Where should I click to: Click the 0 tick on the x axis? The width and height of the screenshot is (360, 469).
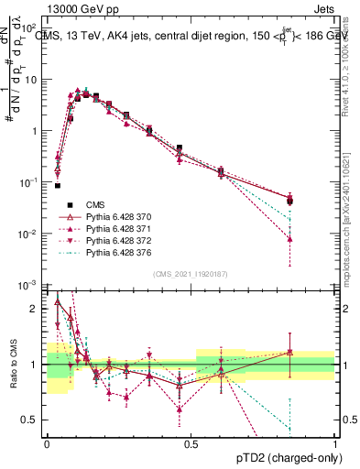tap(47, 444)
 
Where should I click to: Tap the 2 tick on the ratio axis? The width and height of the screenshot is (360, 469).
tap(36, 309)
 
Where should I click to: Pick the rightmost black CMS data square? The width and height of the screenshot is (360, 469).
tap(289, 201)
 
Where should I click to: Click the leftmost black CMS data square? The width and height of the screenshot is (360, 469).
tap(58, 185)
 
